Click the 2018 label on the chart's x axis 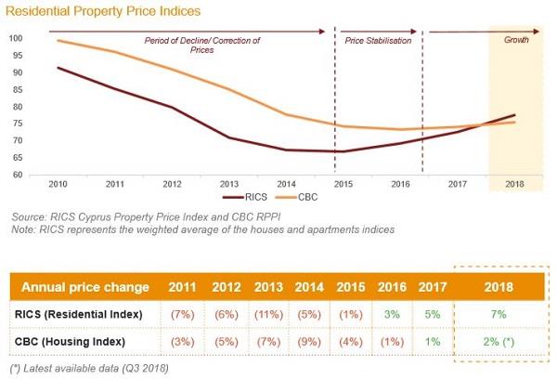click(512, 184)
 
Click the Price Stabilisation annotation click(377, 41)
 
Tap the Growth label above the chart click(517, 41)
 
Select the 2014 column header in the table click(307, 286)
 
